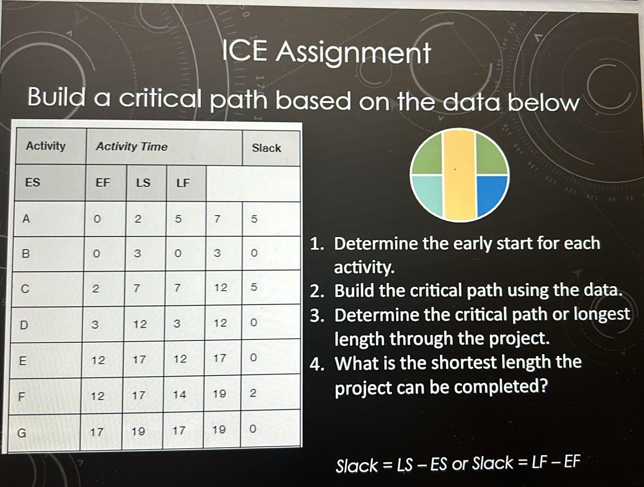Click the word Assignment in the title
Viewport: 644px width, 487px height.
353,53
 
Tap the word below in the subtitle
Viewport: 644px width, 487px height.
544,103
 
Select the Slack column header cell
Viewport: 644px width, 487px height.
266,148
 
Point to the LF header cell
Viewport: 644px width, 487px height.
183,183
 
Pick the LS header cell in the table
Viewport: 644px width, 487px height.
143,183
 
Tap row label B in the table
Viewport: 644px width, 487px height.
26,254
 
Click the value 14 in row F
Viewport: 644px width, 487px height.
180,395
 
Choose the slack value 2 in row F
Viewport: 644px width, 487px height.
253,393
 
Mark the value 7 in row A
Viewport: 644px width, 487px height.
217,219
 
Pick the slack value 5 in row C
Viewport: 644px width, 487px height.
254,287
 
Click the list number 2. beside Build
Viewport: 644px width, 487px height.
317,291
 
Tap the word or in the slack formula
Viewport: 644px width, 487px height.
460,464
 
